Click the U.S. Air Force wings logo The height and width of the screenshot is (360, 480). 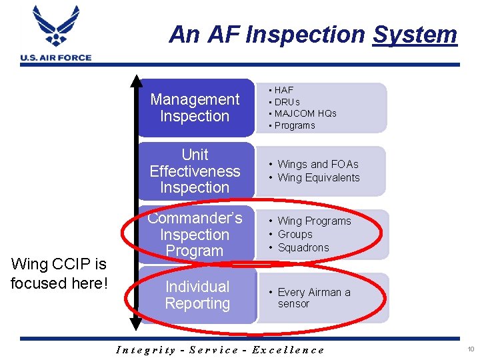click(56, 28)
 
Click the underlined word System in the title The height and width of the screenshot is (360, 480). click(415, 34)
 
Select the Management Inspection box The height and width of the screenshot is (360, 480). click(195, 107)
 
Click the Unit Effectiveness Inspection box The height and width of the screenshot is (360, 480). click(195, 171)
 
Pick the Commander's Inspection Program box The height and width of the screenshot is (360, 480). click(195, 235)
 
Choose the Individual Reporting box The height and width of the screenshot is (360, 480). click(197, 295)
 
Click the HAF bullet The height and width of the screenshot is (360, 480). click(283, 89)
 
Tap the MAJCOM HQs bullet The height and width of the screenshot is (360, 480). click(305, 113)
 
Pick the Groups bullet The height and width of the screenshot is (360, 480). click(295, 234)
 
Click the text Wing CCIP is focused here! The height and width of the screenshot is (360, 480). click(59, 273)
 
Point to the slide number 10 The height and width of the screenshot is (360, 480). click(471, 349)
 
